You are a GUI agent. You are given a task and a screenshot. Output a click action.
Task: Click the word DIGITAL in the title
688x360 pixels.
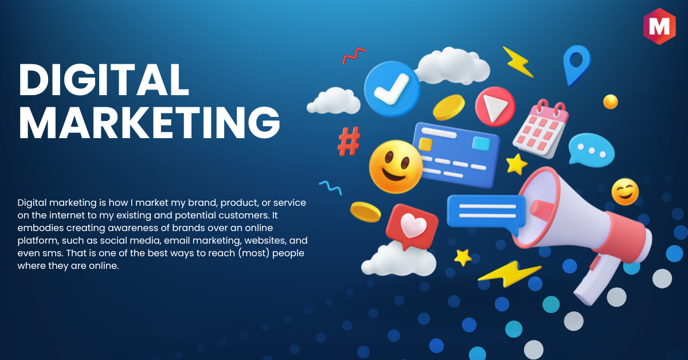pos(104,80)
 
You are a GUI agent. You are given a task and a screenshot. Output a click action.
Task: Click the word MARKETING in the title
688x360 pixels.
pos(149,123)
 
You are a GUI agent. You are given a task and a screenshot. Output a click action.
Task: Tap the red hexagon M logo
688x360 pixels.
pos(659,26)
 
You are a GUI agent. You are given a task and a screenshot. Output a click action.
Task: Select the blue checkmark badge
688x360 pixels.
pos(392,89)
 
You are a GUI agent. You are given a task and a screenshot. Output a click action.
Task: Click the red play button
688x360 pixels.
pos(495,107)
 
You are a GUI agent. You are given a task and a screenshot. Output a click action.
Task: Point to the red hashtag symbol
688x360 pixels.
pos(349,141)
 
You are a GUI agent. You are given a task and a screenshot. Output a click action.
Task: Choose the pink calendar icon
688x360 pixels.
pos(541,129)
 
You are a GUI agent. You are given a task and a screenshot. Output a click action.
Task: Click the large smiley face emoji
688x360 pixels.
pos(396,167)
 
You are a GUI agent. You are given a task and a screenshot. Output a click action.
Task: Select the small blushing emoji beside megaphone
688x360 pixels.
pos(625,192)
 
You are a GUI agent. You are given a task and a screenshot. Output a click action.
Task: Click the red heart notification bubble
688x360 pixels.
pos(412,226)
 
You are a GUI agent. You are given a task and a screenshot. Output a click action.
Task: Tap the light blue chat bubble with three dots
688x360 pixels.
pos(591,150)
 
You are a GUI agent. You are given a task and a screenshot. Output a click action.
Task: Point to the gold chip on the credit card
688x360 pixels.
pos(425,144)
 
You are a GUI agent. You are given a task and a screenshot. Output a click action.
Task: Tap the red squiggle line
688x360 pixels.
pos(354,55)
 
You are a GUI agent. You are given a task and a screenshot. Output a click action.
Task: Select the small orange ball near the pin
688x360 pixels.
pos(610,101)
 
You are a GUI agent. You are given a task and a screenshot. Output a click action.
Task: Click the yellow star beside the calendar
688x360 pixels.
pos(517,165)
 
